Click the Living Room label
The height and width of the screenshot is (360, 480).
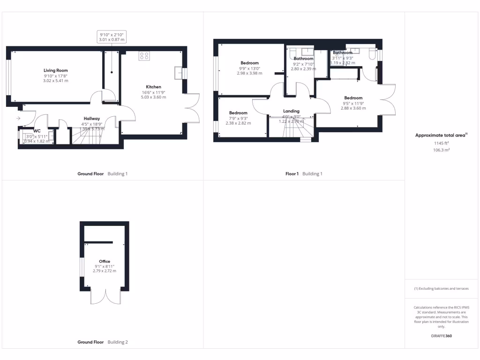click(x=56, y=70)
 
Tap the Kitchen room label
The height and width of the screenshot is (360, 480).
click(x=153, y=87)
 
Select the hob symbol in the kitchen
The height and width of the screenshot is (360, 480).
click(x=144, y=56)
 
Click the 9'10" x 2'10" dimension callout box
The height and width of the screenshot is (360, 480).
click(x=112, y=37)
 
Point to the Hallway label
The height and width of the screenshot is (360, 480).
click(x=92, y=119)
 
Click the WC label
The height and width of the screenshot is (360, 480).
click(x=37, y=131)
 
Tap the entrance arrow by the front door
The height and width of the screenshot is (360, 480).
click(x=18, y=118)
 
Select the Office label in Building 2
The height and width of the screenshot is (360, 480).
click(x=104, y=261)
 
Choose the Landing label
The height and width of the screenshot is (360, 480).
click(x=291, y=111)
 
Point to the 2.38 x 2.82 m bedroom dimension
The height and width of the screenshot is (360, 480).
click(x=238, y=123)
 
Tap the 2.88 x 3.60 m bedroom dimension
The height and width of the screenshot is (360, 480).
click(x=353, y=108)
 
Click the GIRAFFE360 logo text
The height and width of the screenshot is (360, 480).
click(x=442, y=336)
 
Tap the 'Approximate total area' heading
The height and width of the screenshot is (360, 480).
click(x=441, y=135)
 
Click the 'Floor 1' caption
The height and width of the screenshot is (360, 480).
click(x=292, y=174)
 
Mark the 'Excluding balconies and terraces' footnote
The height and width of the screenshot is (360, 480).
click(x=441, y=289)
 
